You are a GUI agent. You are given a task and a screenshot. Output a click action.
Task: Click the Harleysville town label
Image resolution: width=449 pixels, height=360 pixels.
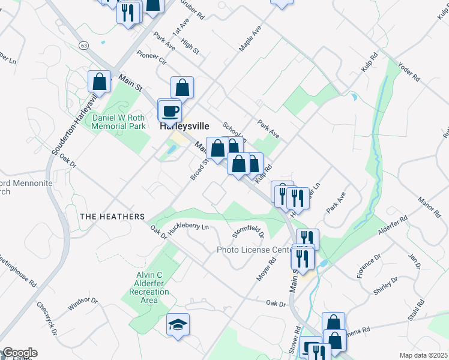click(184, 127)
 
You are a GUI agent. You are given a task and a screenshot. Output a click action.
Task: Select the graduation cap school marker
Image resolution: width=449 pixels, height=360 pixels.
click(178, 325)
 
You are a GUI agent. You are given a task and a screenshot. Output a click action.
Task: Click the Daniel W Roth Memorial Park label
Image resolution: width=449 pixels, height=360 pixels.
click(119, 122)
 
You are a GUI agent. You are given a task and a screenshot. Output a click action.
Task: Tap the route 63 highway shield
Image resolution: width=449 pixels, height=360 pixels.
click(83, 45)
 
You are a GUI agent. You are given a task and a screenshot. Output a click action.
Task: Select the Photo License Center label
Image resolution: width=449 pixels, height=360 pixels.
click(254, 250)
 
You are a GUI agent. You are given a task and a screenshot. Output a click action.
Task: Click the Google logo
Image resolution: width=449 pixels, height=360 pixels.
click(19, 353)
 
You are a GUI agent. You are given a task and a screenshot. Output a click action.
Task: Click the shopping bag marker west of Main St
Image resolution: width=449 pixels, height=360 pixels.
click(99, 82)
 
